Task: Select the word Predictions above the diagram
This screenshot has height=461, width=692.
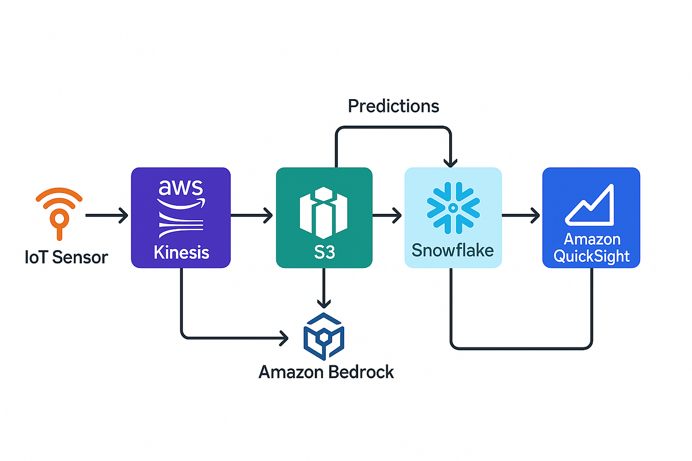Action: click(394, 106)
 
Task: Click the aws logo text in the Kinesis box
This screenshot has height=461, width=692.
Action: click(180, 188)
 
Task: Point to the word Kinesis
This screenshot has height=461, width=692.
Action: click(180, 252)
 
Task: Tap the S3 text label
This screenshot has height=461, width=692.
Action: click(324, 254)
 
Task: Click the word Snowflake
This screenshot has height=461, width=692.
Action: click(453, 250)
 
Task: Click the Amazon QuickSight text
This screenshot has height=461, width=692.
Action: click(591, 247)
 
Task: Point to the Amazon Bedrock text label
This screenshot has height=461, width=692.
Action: click(326, 372)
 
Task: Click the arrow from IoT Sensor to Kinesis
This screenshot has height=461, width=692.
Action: click(107, 216)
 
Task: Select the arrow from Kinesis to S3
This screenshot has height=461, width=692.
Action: click(252, 216)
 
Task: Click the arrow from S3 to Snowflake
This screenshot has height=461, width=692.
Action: click(387, 216)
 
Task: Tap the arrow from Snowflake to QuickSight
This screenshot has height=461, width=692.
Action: click(521, 216)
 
